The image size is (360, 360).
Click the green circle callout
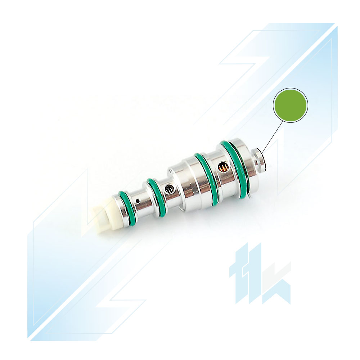tap(291, 105)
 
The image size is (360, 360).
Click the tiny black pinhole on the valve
tap(138, 201)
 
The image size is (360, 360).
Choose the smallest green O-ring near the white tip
tap(126, 208)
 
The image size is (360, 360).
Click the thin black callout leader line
tap(273, 136)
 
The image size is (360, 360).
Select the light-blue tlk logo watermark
tap(260, 274)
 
